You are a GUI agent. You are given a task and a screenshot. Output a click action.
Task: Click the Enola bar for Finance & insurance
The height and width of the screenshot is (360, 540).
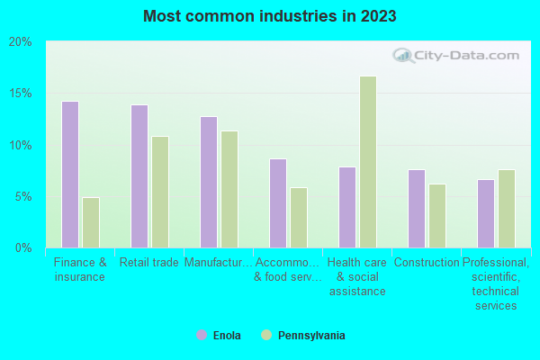(70, 175)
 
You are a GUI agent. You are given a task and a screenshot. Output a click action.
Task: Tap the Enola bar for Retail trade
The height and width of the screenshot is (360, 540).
(139, 176)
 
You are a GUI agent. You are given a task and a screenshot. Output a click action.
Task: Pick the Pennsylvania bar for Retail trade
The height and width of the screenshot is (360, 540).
(160, 192)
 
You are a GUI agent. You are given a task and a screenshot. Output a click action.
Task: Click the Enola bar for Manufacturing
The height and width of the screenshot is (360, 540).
(209, 182)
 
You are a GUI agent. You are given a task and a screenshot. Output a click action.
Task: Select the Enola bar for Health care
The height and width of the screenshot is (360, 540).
(347, 207)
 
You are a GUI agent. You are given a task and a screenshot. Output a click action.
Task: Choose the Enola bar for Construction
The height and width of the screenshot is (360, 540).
(417, 208)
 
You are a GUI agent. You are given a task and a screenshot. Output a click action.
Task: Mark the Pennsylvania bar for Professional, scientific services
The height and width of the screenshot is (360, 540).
(507, 208)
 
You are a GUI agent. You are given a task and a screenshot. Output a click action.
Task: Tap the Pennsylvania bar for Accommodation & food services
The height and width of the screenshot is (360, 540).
(299, 217)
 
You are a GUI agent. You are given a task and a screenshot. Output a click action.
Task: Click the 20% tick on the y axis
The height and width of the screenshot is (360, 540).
(21, 42)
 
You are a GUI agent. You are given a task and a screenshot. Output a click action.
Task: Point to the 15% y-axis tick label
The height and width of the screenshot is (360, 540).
(21, 94)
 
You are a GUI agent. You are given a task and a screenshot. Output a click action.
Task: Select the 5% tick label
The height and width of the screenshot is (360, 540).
(23, 196)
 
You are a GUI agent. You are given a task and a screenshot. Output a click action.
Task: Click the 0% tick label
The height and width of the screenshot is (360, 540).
(23, 247)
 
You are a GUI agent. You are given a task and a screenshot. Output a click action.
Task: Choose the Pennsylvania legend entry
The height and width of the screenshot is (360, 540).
(302, 336)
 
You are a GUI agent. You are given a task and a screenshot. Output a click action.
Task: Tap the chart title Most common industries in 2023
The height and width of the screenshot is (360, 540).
(269, 16)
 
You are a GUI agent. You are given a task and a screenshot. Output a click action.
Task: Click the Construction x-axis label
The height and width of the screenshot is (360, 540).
(427, 263)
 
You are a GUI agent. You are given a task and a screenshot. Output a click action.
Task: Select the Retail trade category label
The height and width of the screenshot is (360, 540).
(149, 263)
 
